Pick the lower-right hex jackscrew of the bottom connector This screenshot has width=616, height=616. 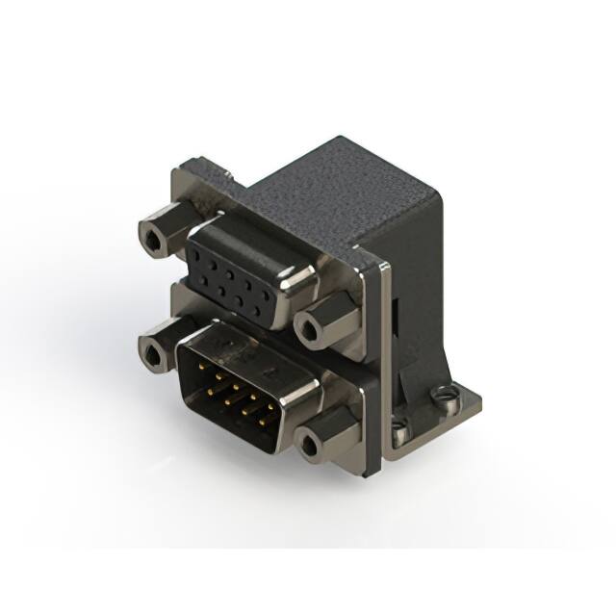pos(309,444)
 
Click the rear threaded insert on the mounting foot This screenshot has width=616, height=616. pos(443,393)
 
